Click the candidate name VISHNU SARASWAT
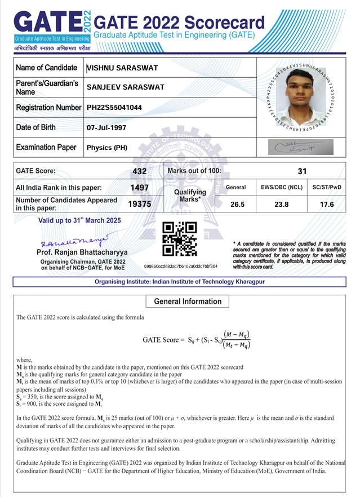pyautogui.click(x=122, y=69)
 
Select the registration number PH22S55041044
pyautogui.click(x=114, y=107)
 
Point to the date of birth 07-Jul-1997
pyautogui.click(x=107, y=127)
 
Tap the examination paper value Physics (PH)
pyautogui.click(x=107, y=148)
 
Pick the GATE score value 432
pyautogui.click(x=139, y=171)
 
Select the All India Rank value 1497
pyautogui.click(x=139, y=188)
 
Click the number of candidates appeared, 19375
pyautogui.click(x=139, y=205)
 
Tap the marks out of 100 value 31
pyautogui.click(x=302, y=171)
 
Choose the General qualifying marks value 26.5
pyautogui.click(x=235, y=205)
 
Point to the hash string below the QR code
pyautogui.click(x=180, y=265)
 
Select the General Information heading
pyautogui.click(x=188, y=301)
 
